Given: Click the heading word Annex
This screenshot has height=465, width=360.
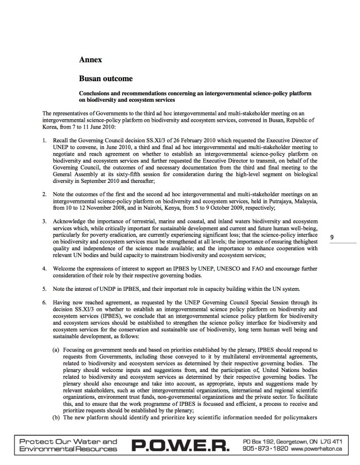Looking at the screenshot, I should pyautogui.click(x=91, y=60).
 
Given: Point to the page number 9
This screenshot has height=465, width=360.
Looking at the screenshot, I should pyautogui.click(x=332, y=237).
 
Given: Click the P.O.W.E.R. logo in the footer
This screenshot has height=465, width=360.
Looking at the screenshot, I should pyautogui.click(x=181, y=445).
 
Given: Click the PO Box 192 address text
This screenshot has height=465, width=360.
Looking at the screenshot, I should pyautogui.click(x=264, y=441).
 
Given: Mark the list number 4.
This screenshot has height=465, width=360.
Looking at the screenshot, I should pyautogui.click(x=45, y=268).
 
